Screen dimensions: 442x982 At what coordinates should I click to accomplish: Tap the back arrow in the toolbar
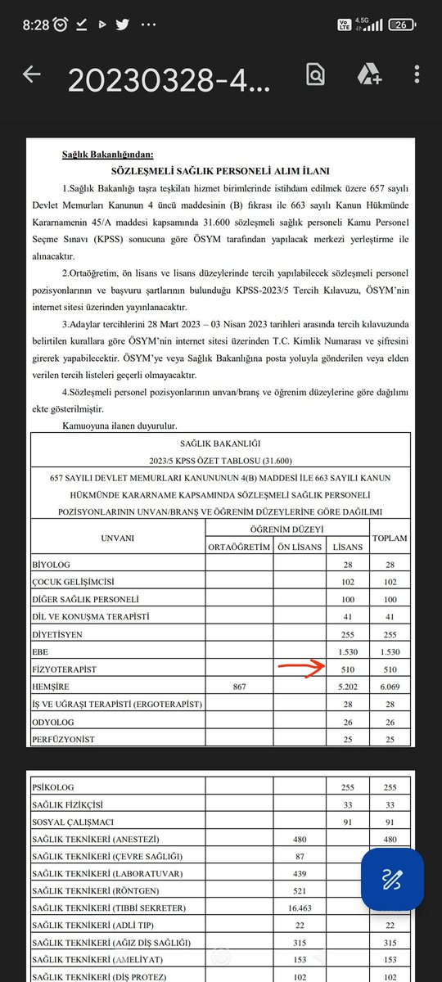tap(32, 75)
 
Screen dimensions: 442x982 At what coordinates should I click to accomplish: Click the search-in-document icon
tap(314, 75)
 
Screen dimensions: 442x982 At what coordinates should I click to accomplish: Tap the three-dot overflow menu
tap(417, 75)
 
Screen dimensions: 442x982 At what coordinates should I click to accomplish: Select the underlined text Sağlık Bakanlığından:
tap(108, 153)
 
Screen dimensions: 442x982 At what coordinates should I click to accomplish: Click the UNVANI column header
tap(117, 538)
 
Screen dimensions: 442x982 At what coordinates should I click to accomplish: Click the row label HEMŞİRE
tap(51, 687)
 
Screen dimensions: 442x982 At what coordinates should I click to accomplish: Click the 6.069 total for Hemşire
tap(390, 687)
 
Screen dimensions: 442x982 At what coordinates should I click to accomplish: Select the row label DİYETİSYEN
tap(56, 633)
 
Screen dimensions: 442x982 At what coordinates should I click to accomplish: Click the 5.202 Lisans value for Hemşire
tap(346, 687)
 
